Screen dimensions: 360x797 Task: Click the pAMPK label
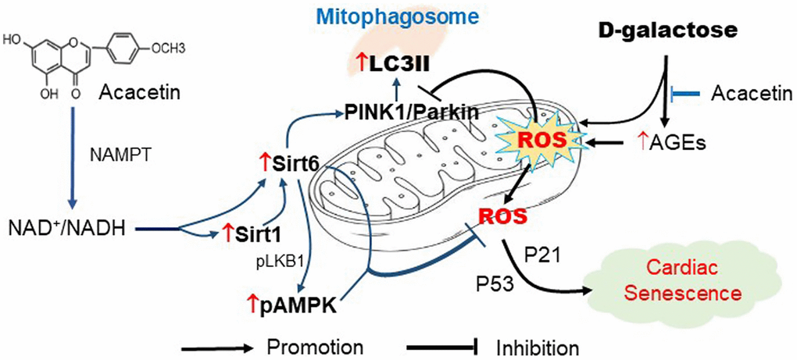[x=296, y=306]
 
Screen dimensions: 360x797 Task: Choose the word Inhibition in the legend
[x=538, y=344]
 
